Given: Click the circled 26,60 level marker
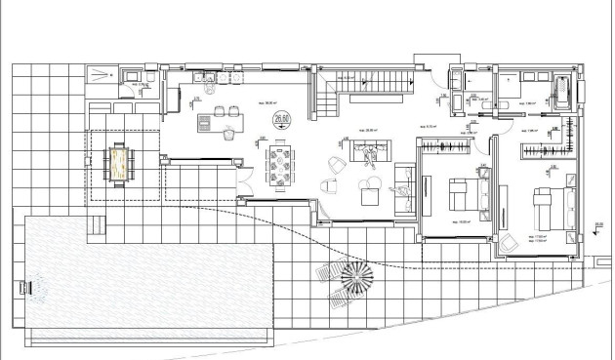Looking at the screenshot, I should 282,120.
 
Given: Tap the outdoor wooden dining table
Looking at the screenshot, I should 119,162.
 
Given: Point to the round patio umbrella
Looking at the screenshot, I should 355,278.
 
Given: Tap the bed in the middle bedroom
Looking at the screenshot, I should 458,192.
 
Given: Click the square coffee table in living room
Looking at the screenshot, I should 370,195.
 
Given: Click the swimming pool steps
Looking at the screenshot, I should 96,226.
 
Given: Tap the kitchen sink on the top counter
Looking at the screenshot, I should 199,75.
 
